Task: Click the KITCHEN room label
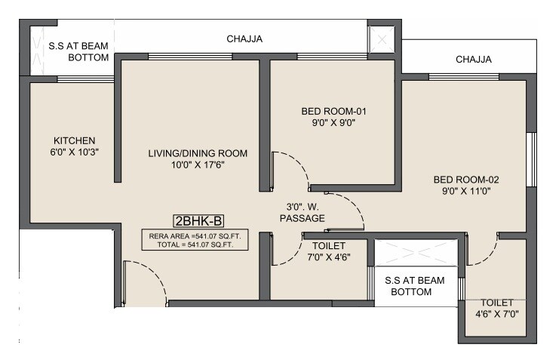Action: [74, 140]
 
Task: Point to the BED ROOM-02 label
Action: [466, 180]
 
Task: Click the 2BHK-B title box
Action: [198, 221]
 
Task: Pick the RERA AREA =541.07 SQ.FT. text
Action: [198, 235]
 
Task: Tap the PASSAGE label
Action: [302, 218]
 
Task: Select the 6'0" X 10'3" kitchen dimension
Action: [74, 152]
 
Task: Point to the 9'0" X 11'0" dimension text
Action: [466, 192]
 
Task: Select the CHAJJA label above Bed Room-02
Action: [473, 59]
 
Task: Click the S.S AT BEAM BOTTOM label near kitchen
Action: [78, 51]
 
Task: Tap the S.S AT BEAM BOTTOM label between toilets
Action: [414, 286]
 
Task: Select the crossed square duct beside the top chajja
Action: [381, 38]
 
